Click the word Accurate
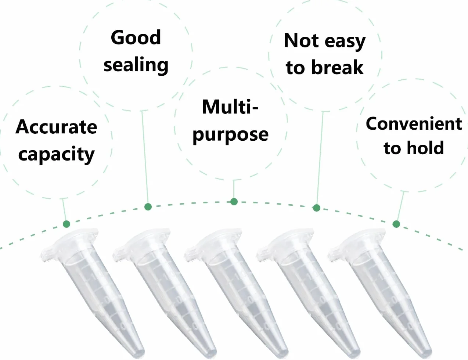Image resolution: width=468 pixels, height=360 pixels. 56,127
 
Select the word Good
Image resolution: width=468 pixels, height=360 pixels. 136,37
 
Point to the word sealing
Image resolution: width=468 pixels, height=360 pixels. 136,65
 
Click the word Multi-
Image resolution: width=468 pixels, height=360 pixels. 230,107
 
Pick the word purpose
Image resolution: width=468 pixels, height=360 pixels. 230,136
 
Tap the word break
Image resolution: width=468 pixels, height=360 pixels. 338,67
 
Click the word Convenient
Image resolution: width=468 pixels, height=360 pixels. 414,124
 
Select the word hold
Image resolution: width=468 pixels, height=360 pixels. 425,148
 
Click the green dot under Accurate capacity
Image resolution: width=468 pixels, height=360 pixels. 66,224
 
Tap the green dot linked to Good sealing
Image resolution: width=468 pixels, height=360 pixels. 148,207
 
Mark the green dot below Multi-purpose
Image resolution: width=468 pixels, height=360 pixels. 234,202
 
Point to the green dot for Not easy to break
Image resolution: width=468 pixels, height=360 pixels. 316,208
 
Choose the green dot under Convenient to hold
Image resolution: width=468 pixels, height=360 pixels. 396,224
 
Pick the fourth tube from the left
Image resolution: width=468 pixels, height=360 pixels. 308,293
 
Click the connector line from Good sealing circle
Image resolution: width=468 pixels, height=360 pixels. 145,157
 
